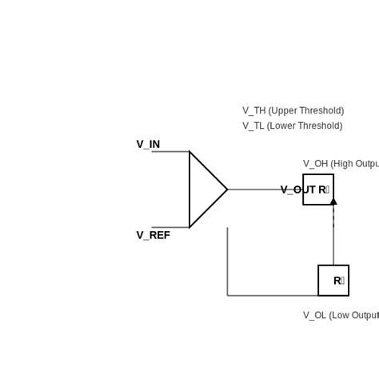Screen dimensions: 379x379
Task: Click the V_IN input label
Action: pyautogui.click(x=148, y=145)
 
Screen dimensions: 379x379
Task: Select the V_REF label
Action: pyautogui.click(x=153, y=235)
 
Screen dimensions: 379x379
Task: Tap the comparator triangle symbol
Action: pyautogui.click(x=205, y=189)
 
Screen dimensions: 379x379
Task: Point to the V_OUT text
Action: pyautogui.click(x=297, y=189)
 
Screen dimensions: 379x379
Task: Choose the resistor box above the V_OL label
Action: pyautogui.click(x=333, y=280)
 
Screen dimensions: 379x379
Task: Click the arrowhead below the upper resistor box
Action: pyautogui.click(x=333, y=201)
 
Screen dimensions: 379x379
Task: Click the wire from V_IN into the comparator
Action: pyautogui.click(x=170, y=151)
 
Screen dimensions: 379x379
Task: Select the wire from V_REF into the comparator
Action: pyautogui.click(x=170, y=227)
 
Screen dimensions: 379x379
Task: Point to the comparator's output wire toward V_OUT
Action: pyautogui.click(x=252, y=189)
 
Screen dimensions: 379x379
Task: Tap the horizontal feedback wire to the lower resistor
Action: pyautogui.click(x=272, y=295)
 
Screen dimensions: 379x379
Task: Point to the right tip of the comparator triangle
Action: pyautogui.click(x=227, y=189)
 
